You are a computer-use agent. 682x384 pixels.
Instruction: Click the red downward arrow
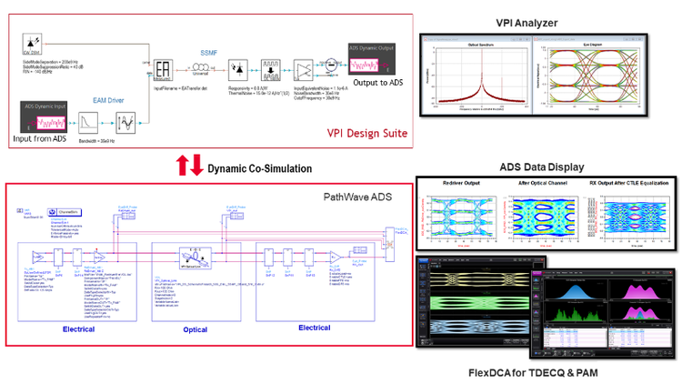(196, 167)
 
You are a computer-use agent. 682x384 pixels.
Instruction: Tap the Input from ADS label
(54, 138)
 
